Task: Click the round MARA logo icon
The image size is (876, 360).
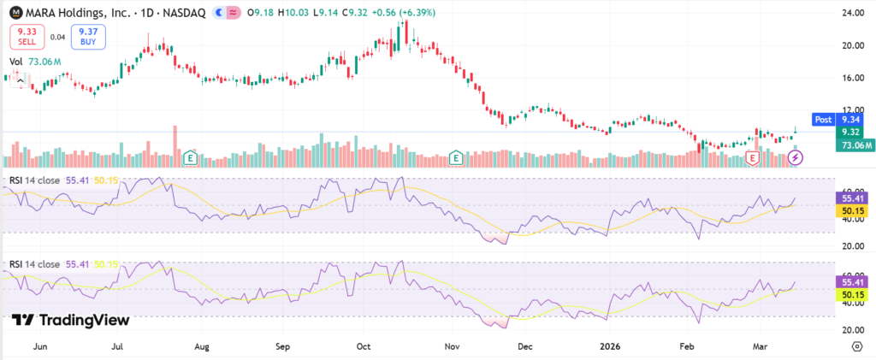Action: (x=15, y=14)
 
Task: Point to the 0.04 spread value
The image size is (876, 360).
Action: (x=58, y=37)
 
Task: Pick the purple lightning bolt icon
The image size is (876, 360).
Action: (x=796, y=157)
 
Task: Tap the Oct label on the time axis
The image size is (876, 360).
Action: (x=364, y=346)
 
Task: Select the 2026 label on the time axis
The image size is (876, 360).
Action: (x=610, y=346)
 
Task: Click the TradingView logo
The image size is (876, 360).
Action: (x=71, y=320)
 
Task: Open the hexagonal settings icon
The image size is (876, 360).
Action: (x=856, y=346)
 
